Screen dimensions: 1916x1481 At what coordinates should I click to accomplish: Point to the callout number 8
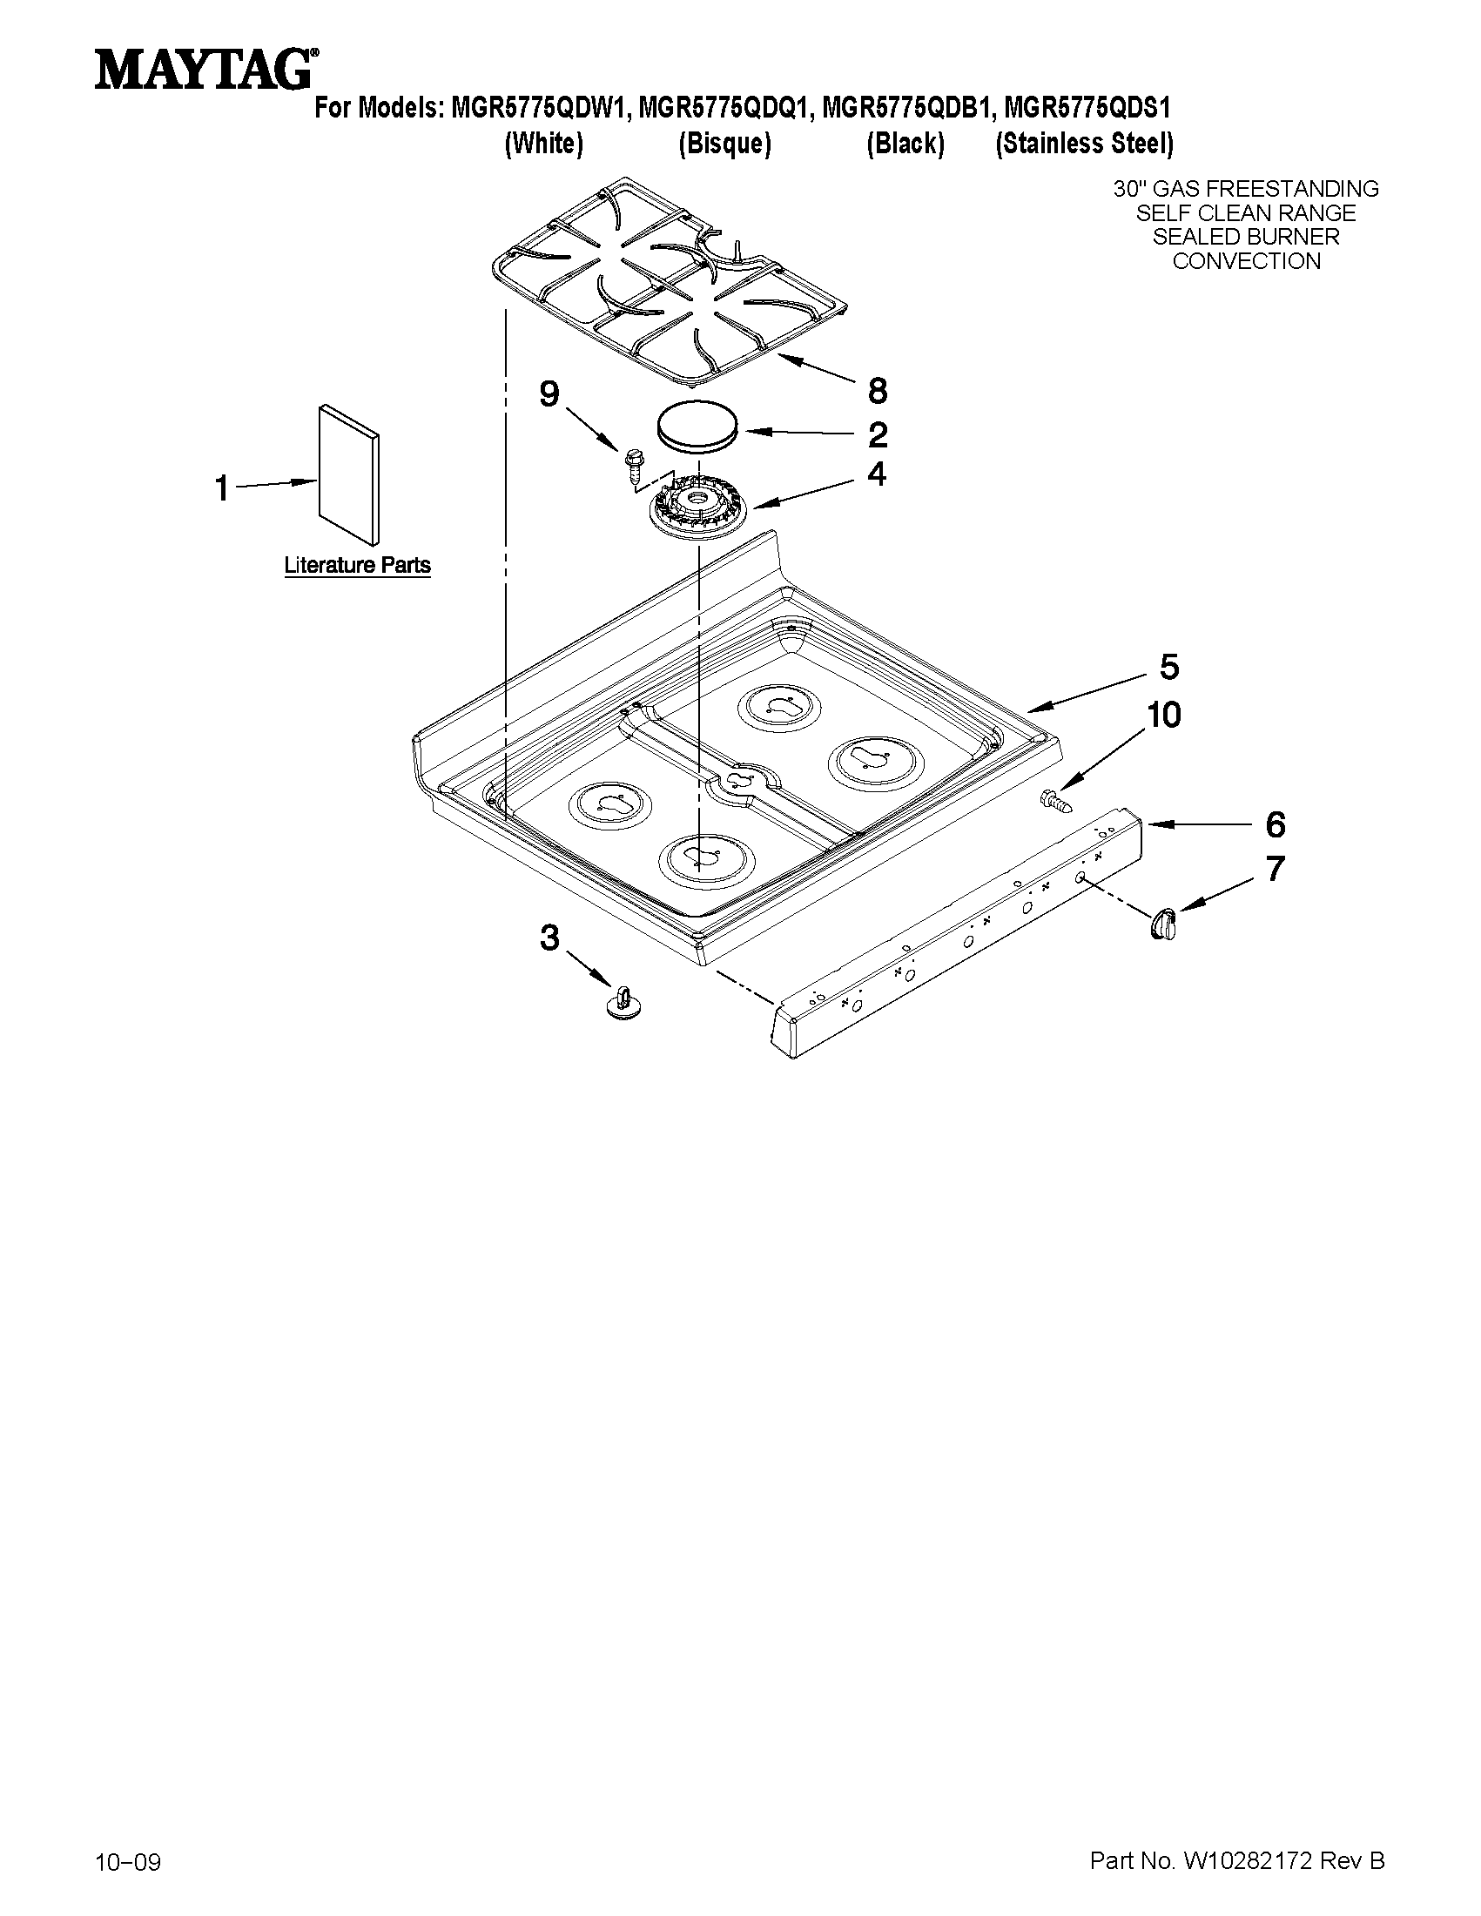point(877,390)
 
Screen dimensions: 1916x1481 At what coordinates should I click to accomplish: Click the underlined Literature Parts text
point(357,565)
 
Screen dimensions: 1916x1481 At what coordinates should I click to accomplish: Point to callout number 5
point(1168,668)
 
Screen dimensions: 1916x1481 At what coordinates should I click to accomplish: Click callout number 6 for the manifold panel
point(1275,824)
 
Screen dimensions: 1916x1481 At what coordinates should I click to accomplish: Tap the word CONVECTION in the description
point(1246,261)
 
